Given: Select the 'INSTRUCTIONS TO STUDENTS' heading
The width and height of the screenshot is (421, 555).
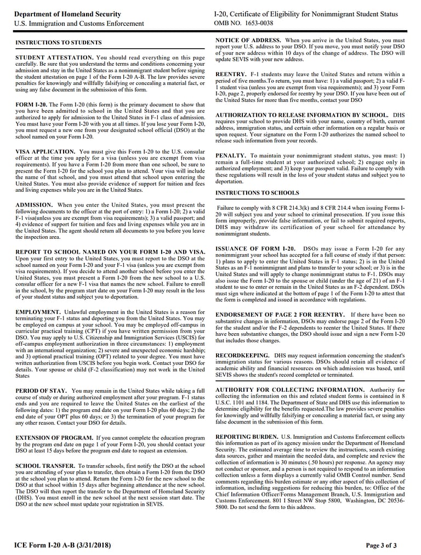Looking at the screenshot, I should click(58, 42).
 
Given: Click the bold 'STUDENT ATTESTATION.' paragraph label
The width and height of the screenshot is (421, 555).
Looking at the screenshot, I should click(54, 58).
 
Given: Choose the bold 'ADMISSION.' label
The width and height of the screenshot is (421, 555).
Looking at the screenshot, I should click(34, 204).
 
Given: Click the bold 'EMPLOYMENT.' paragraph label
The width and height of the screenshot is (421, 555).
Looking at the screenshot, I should click(38, 312).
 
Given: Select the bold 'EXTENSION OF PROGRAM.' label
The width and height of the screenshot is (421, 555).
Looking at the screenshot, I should click(54, 438).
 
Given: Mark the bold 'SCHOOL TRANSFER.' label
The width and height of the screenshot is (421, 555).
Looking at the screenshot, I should click(45, 466).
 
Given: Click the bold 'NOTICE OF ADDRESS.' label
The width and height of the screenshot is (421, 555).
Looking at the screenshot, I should click(248, 41).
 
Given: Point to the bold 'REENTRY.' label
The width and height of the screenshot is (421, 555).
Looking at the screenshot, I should click(231, 74).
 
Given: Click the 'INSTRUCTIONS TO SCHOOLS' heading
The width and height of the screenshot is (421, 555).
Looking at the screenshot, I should click(257, 193).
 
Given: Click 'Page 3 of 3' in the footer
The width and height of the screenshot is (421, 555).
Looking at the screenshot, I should click(381, 545).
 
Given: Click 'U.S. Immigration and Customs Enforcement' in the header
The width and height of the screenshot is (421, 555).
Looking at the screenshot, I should click(79, 24).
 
